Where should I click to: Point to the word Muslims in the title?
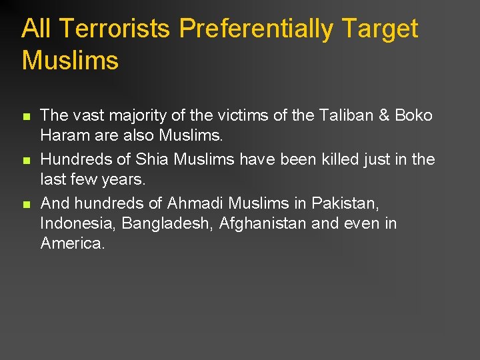[x=70, y=61]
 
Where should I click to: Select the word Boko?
[x=414, y=116]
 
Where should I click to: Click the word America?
[x=73, y=243]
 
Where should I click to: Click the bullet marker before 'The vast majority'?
[x=26, y=117]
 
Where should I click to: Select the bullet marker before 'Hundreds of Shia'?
[x=26, y=160]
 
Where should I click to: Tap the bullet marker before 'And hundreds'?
[x=26, y=203]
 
